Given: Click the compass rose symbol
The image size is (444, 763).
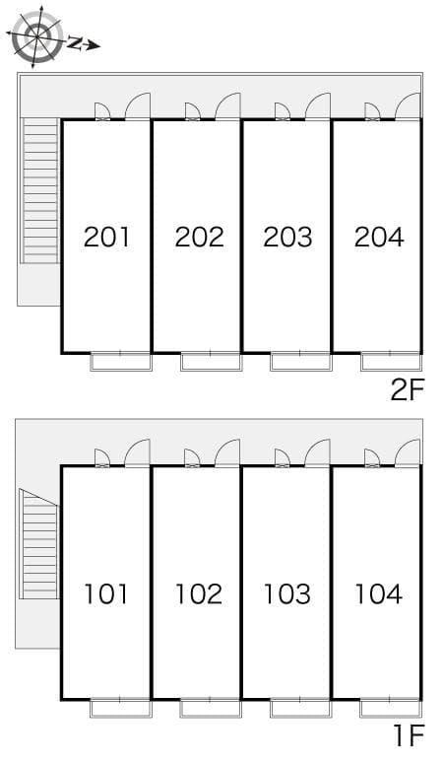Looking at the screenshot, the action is [37, 36].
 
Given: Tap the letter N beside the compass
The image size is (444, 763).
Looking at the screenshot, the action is [74, 42].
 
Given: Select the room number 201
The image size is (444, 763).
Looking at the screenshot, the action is [107, 237].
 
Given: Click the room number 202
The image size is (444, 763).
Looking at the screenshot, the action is [199, 237].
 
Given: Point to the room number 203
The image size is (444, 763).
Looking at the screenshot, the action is [287, 237].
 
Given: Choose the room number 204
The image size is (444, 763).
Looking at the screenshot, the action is [379, 237].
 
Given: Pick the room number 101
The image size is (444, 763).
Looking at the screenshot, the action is [106, 594].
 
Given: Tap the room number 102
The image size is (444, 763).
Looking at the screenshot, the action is [199, 594].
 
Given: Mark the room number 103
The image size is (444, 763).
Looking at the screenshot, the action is [287, 594].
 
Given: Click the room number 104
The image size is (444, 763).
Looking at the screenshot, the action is [378, 594].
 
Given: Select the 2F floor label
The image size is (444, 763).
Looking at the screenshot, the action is [408, 389].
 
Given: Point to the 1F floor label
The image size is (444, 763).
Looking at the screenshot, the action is [410, 734].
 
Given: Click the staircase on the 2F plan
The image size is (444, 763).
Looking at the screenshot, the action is [39, 191].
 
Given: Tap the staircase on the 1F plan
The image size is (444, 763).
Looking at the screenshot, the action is [38, 544].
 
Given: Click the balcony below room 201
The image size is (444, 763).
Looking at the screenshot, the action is [121, 362].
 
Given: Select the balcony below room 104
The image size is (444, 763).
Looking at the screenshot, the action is [391, 709].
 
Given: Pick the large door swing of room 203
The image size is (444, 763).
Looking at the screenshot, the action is [318, 105].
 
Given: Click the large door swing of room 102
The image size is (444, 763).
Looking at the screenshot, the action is [227, 452].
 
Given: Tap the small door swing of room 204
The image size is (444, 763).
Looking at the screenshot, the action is [372, 110].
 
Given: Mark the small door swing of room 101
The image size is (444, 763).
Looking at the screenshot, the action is [101, 457].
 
